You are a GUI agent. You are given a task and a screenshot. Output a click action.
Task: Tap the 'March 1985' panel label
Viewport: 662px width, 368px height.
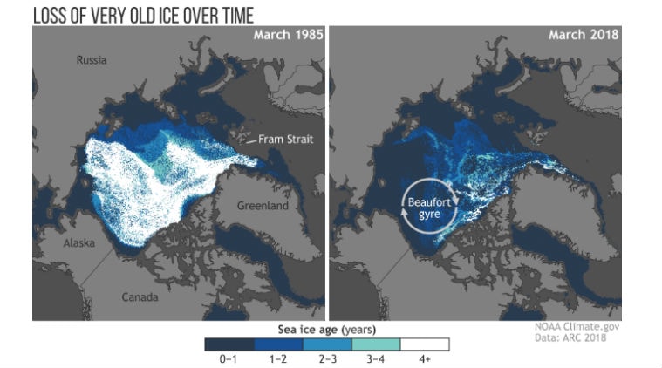click(288, 36)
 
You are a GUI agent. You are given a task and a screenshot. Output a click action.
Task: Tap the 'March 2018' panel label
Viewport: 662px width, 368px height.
click(584, 36)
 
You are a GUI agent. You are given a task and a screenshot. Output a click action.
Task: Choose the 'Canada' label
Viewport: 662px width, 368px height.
click(139, 297)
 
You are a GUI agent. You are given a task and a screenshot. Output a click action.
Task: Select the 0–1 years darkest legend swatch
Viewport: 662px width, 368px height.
click(229, 344)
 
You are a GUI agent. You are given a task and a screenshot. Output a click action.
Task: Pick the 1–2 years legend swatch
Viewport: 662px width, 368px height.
click(277, 344)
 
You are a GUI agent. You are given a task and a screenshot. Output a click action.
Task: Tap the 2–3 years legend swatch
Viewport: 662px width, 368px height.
click(327, 344)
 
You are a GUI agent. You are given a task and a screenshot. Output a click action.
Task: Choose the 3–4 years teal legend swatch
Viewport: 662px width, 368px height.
click(376, 344)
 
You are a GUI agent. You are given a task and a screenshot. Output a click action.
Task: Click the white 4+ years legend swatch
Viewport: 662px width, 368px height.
click(425, 344)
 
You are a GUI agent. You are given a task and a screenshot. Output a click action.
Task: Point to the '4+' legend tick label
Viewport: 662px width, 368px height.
click(425, 358)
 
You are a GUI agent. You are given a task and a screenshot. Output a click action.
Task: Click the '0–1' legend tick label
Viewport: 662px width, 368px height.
click(229, 358)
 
